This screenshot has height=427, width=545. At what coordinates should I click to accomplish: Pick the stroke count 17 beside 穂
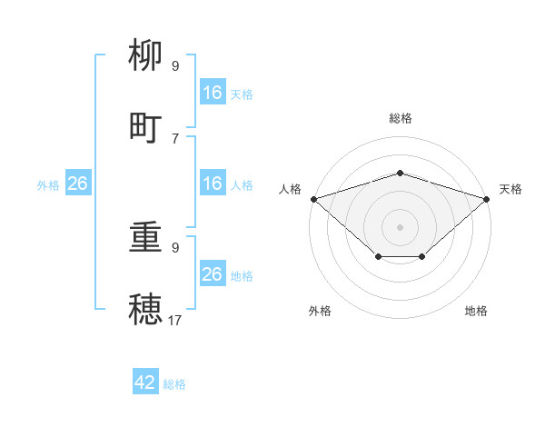coord(175,320)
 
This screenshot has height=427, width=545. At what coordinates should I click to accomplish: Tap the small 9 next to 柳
coord(175,66)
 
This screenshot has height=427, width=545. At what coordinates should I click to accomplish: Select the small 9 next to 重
coord(175,247)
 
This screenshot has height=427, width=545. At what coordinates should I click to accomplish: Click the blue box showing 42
coord(145,382)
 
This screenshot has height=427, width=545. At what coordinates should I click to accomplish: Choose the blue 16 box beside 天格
coord(213,93)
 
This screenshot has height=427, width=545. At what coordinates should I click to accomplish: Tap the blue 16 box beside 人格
coord(213,184)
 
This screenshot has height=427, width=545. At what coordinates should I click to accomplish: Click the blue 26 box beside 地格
coord(213,274)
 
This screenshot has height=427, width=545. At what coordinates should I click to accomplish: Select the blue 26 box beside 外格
coord(77,184)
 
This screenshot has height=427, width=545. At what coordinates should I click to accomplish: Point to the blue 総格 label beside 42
coord(174,384)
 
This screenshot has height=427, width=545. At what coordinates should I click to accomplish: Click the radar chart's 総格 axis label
coord(401,118)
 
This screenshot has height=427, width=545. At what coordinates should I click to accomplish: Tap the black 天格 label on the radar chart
coord(510,189)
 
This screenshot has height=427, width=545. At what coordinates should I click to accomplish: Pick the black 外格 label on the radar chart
coord(320,311)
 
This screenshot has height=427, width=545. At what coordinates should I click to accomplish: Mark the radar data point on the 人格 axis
coord(313,198)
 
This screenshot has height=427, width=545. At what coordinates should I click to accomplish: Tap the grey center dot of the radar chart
coord(400,226)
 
